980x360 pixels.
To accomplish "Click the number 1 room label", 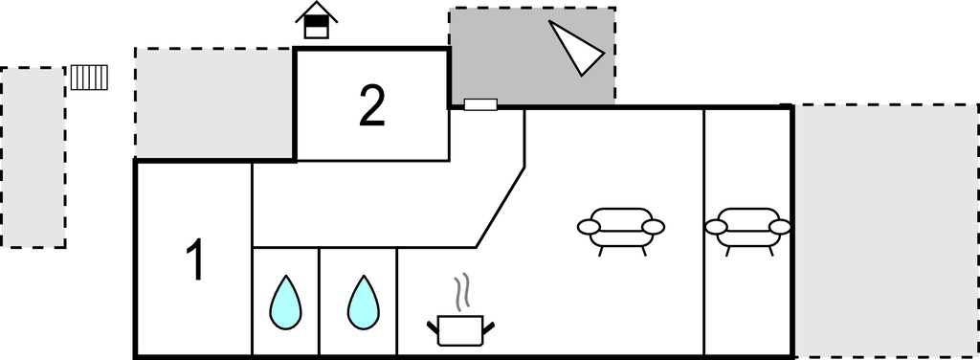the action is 195,260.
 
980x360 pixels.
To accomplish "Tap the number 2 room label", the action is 372,105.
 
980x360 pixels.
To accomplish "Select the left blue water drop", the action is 285,303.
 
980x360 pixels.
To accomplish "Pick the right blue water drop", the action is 363,303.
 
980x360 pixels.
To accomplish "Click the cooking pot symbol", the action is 460,330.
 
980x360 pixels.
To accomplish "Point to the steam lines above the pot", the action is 462,293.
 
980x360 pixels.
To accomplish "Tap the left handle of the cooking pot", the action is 433,326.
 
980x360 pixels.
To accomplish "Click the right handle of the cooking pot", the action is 489,326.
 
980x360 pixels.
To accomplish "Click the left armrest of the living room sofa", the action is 589,227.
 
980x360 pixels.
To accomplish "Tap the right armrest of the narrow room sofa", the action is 780,227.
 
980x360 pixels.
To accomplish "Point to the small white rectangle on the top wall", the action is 480,104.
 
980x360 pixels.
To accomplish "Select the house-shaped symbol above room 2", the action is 316,20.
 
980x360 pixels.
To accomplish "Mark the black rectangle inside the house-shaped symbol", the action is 316,21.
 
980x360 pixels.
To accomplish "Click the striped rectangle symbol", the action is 89,78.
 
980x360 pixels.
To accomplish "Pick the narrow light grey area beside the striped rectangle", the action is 33,157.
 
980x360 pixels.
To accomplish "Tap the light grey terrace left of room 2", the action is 214,103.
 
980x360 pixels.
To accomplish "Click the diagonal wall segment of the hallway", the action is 500,207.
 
